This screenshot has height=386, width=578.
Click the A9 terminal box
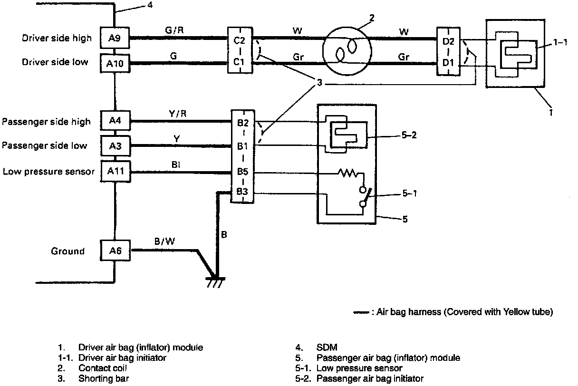click(x=114, y=38)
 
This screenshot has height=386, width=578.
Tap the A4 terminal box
click(x=114, y=121)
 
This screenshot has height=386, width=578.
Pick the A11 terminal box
click(x=114, y=172)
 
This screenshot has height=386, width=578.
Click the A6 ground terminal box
click(x=114, y=251)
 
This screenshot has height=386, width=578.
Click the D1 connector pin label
click(x=448, y=63)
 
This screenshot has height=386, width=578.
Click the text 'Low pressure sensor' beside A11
click(x=48, y=171)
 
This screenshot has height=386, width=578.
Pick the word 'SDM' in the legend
click(x=327, y=348)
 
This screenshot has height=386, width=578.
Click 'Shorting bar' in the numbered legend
click(x=103, y=379)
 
